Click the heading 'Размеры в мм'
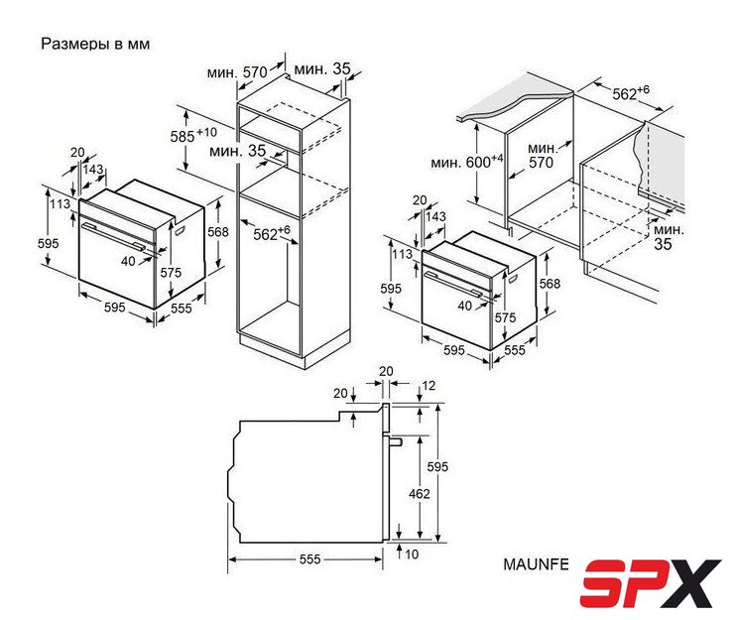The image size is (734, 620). (x=95, y=44)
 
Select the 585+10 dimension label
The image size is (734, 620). (x=193, y=135)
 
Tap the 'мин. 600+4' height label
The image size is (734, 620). (x=467, y=161)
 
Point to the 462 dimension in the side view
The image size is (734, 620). (x=419, y=494)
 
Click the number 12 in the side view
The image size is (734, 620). (x=428, y=386)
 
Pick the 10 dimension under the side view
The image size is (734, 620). (x=412, y=555)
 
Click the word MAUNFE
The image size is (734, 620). (x=536, y=564)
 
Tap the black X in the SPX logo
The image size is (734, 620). (x=693, y=583)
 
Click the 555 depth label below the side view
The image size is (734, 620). (x=309, y=559)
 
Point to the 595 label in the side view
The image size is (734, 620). (x=437, y=466)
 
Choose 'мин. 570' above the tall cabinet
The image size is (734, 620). (x=237, y=72)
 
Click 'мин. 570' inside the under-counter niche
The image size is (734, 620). (x=542, y=156)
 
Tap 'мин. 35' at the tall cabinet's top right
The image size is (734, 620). (x=322, y=68)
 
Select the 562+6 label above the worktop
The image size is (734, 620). (x=631, y=92)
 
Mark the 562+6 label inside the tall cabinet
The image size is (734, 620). (x=272, y=233)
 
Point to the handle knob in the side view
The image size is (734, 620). (x=396, y=441)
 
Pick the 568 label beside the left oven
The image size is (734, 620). (x=218, y=232)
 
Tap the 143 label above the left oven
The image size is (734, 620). (x=93, y=169)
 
